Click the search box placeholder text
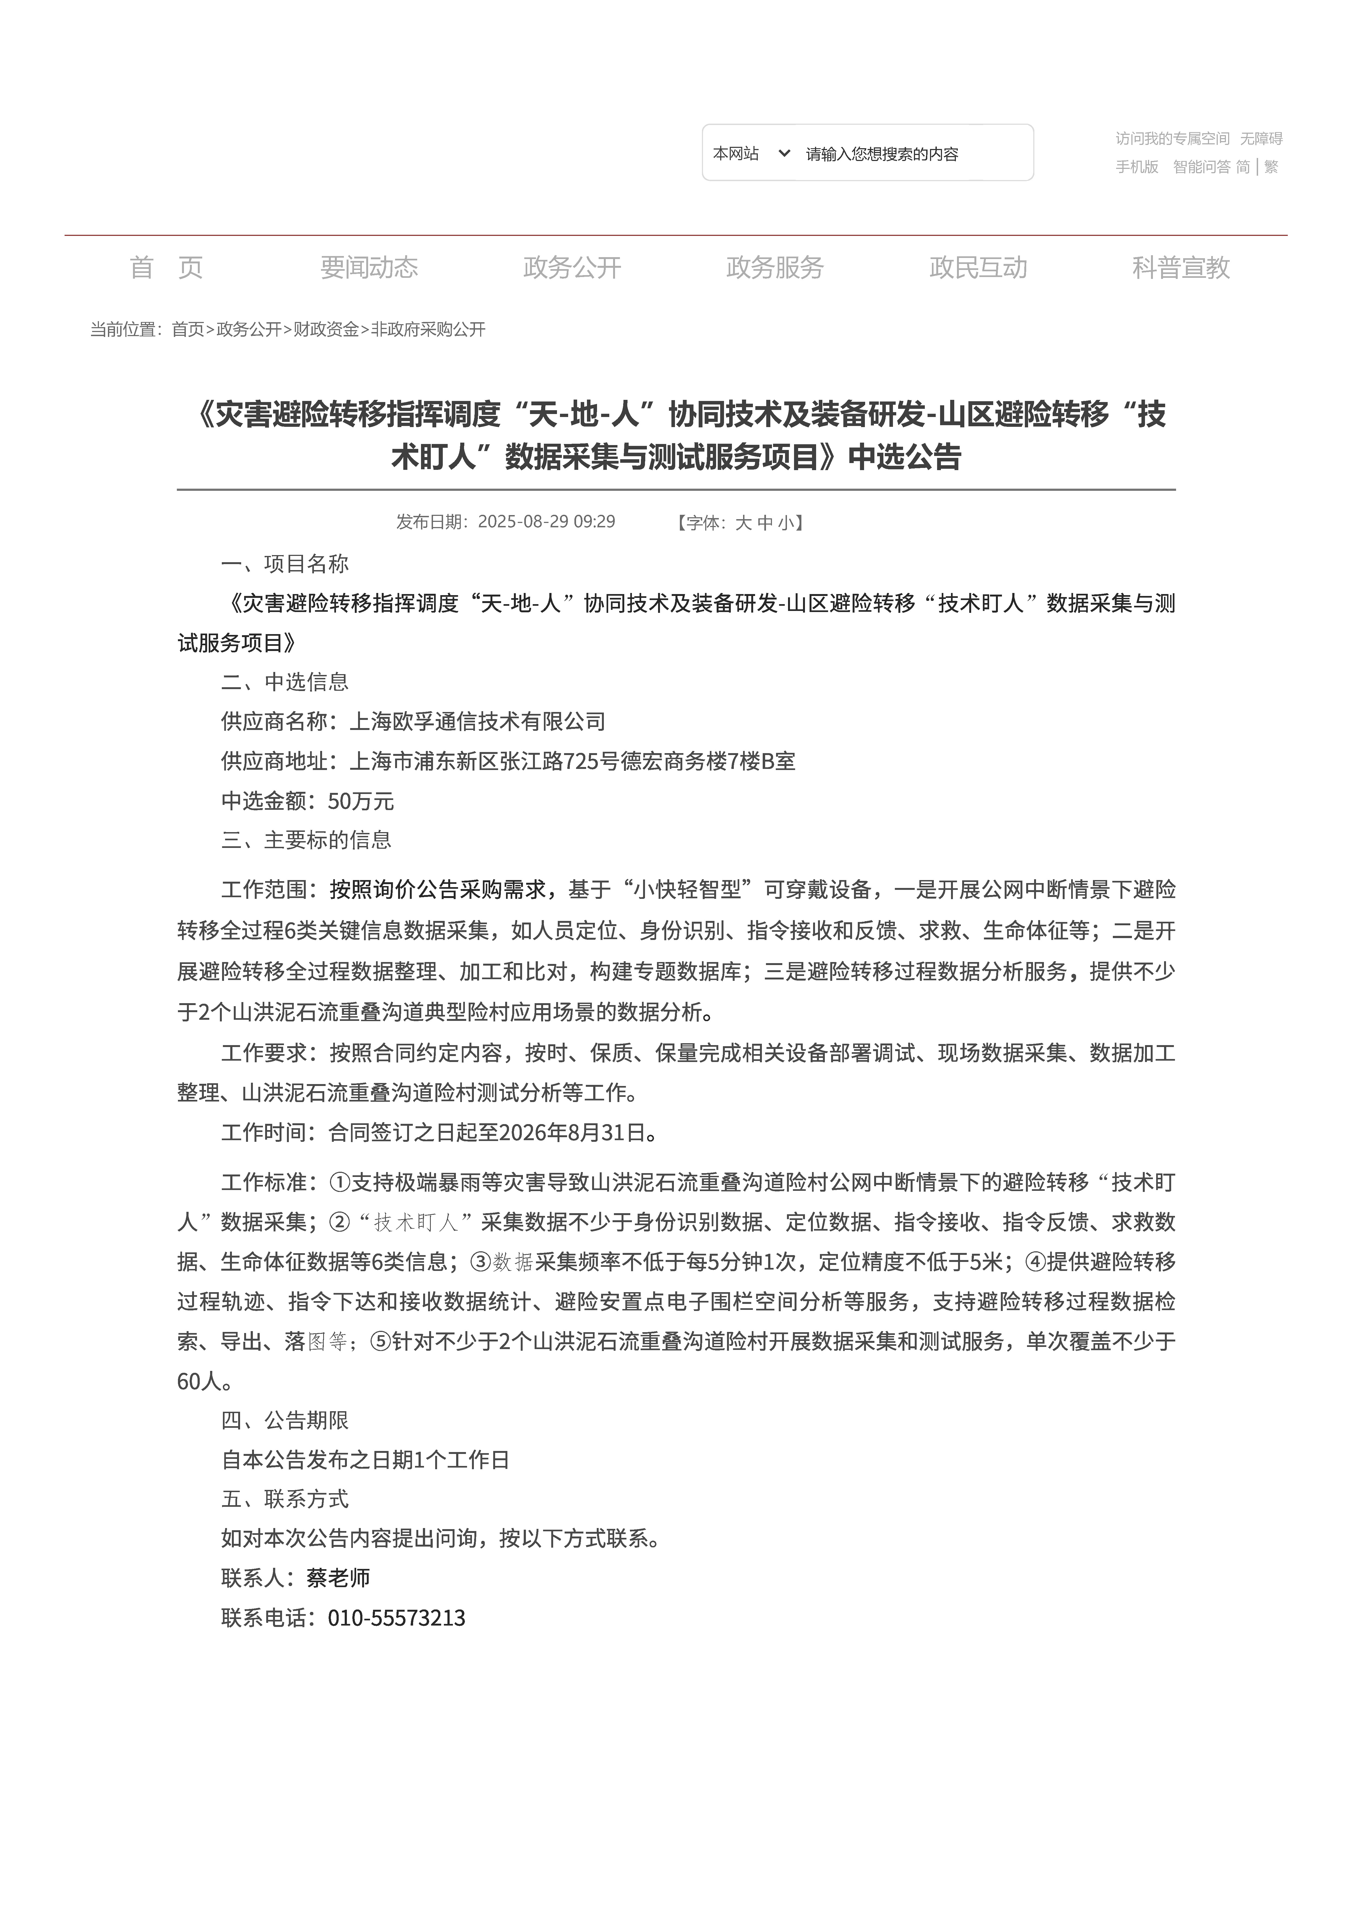(x=882, y=154)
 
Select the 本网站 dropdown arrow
(x=783, y=153)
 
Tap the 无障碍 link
(x=1261, y=138)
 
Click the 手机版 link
(x=1136, y=166)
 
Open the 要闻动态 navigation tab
(x=369, y=267)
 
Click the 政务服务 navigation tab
(x=774, y=267)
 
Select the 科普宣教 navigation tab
(x=1180, y=267)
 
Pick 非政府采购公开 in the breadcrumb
(x=428, y=330)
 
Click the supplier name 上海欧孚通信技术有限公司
(x=477, y=722)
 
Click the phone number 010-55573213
(x=396, y=1617)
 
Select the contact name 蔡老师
(x=338, y=1577)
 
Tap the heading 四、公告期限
(x=285, y=1420)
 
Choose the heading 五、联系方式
(x=285, y=1499)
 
